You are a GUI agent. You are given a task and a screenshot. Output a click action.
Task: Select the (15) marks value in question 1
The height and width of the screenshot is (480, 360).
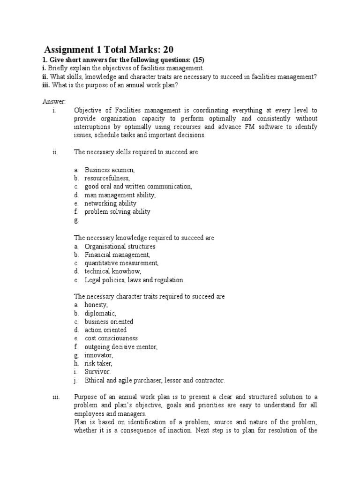point(197,60)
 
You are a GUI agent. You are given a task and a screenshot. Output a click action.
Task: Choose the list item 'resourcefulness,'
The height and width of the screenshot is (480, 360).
point(107,178)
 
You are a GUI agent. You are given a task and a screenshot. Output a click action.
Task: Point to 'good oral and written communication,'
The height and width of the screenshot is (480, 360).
point(138,187)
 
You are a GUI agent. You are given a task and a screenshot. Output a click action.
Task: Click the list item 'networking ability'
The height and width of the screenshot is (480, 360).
point(111,203)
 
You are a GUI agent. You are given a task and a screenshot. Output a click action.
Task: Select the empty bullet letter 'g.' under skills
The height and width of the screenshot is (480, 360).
point(76,220)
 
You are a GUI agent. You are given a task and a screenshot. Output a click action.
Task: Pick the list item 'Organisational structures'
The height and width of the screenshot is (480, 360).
point(120,246)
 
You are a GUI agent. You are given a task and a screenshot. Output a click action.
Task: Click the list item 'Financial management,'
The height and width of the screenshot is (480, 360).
point(117,255)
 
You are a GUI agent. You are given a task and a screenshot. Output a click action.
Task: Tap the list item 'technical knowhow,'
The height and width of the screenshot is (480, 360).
point(112,271)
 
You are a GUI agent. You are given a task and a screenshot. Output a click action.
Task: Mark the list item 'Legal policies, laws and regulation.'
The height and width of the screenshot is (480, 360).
point(135,280)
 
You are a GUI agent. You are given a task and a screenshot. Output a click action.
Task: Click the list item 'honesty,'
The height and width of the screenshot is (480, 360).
point(96,305)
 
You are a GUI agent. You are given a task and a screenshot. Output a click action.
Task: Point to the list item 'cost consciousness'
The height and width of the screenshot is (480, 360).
point(111,338)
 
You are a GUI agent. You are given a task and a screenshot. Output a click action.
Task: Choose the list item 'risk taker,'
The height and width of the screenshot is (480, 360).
point(98,363)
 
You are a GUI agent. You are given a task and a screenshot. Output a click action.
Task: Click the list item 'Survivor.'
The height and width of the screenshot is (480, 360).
point(97,372)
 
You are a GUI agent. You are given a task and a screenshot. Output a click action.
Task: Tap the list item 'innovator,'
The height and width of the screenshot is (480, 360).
point(98,355)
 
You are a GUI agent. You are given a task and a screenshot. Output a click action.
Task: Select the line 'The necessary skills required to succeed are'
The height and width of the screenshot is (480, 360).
point(136,153)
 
